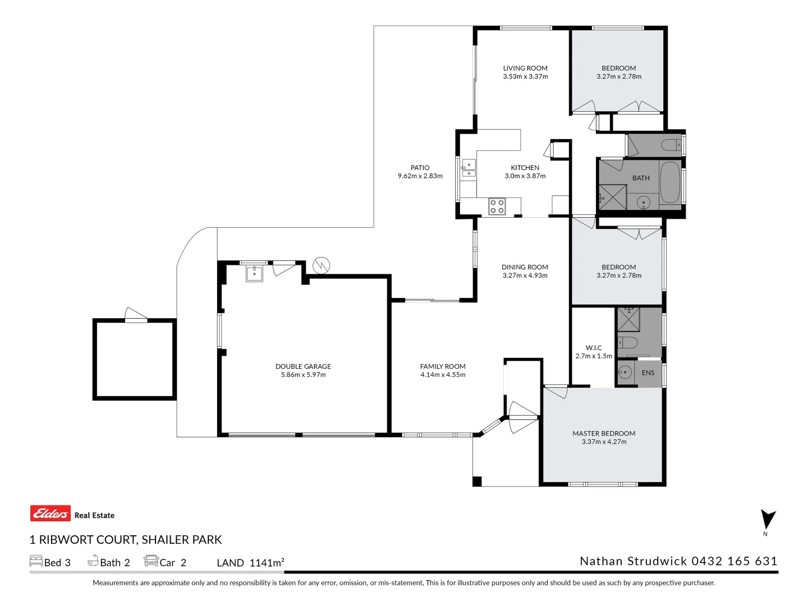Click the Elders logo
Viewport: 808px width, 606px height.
tap(50, 513)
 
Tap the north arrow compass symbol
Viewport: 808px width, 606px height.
tap(767, 520)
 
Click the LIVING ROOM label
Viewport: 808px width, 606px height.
tap(525, 68)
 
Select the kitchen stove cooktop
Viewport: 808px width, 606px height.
tap(497, 206)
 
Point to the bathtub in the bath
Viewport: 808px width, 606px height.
tap(669, 183)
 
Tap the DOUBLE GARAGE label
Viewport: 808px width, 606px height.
tap(303, 366)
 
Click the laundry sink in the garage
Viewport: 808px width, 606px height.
tap(254, 274)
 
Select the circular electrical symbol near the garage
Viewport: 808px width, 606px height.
tap(322, 265)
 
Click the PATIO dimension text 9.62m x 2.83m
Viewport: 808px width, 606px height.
tap(420, 176)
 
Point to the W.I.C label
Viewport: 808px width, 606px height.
tap(594, 348)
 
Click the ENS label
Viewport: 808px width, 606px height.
tap(648, 373)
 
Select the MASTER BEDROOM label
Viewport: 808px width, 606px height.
tap(604, 433)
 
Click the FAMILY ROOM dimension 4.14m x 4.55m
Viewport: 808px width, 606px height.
tap(443, 375)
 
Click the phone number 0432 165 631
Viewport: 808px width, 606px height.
tap(734, 561)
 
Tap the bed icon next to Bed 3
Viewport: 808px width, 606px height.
tap(36, 561)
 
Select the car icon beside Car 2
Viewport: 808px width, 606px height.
tap(151, 561)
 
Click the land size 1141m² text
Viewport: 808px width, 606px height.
tap(267, 563)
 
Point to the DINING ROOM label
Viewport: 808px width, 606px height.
tap(525, 267)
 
